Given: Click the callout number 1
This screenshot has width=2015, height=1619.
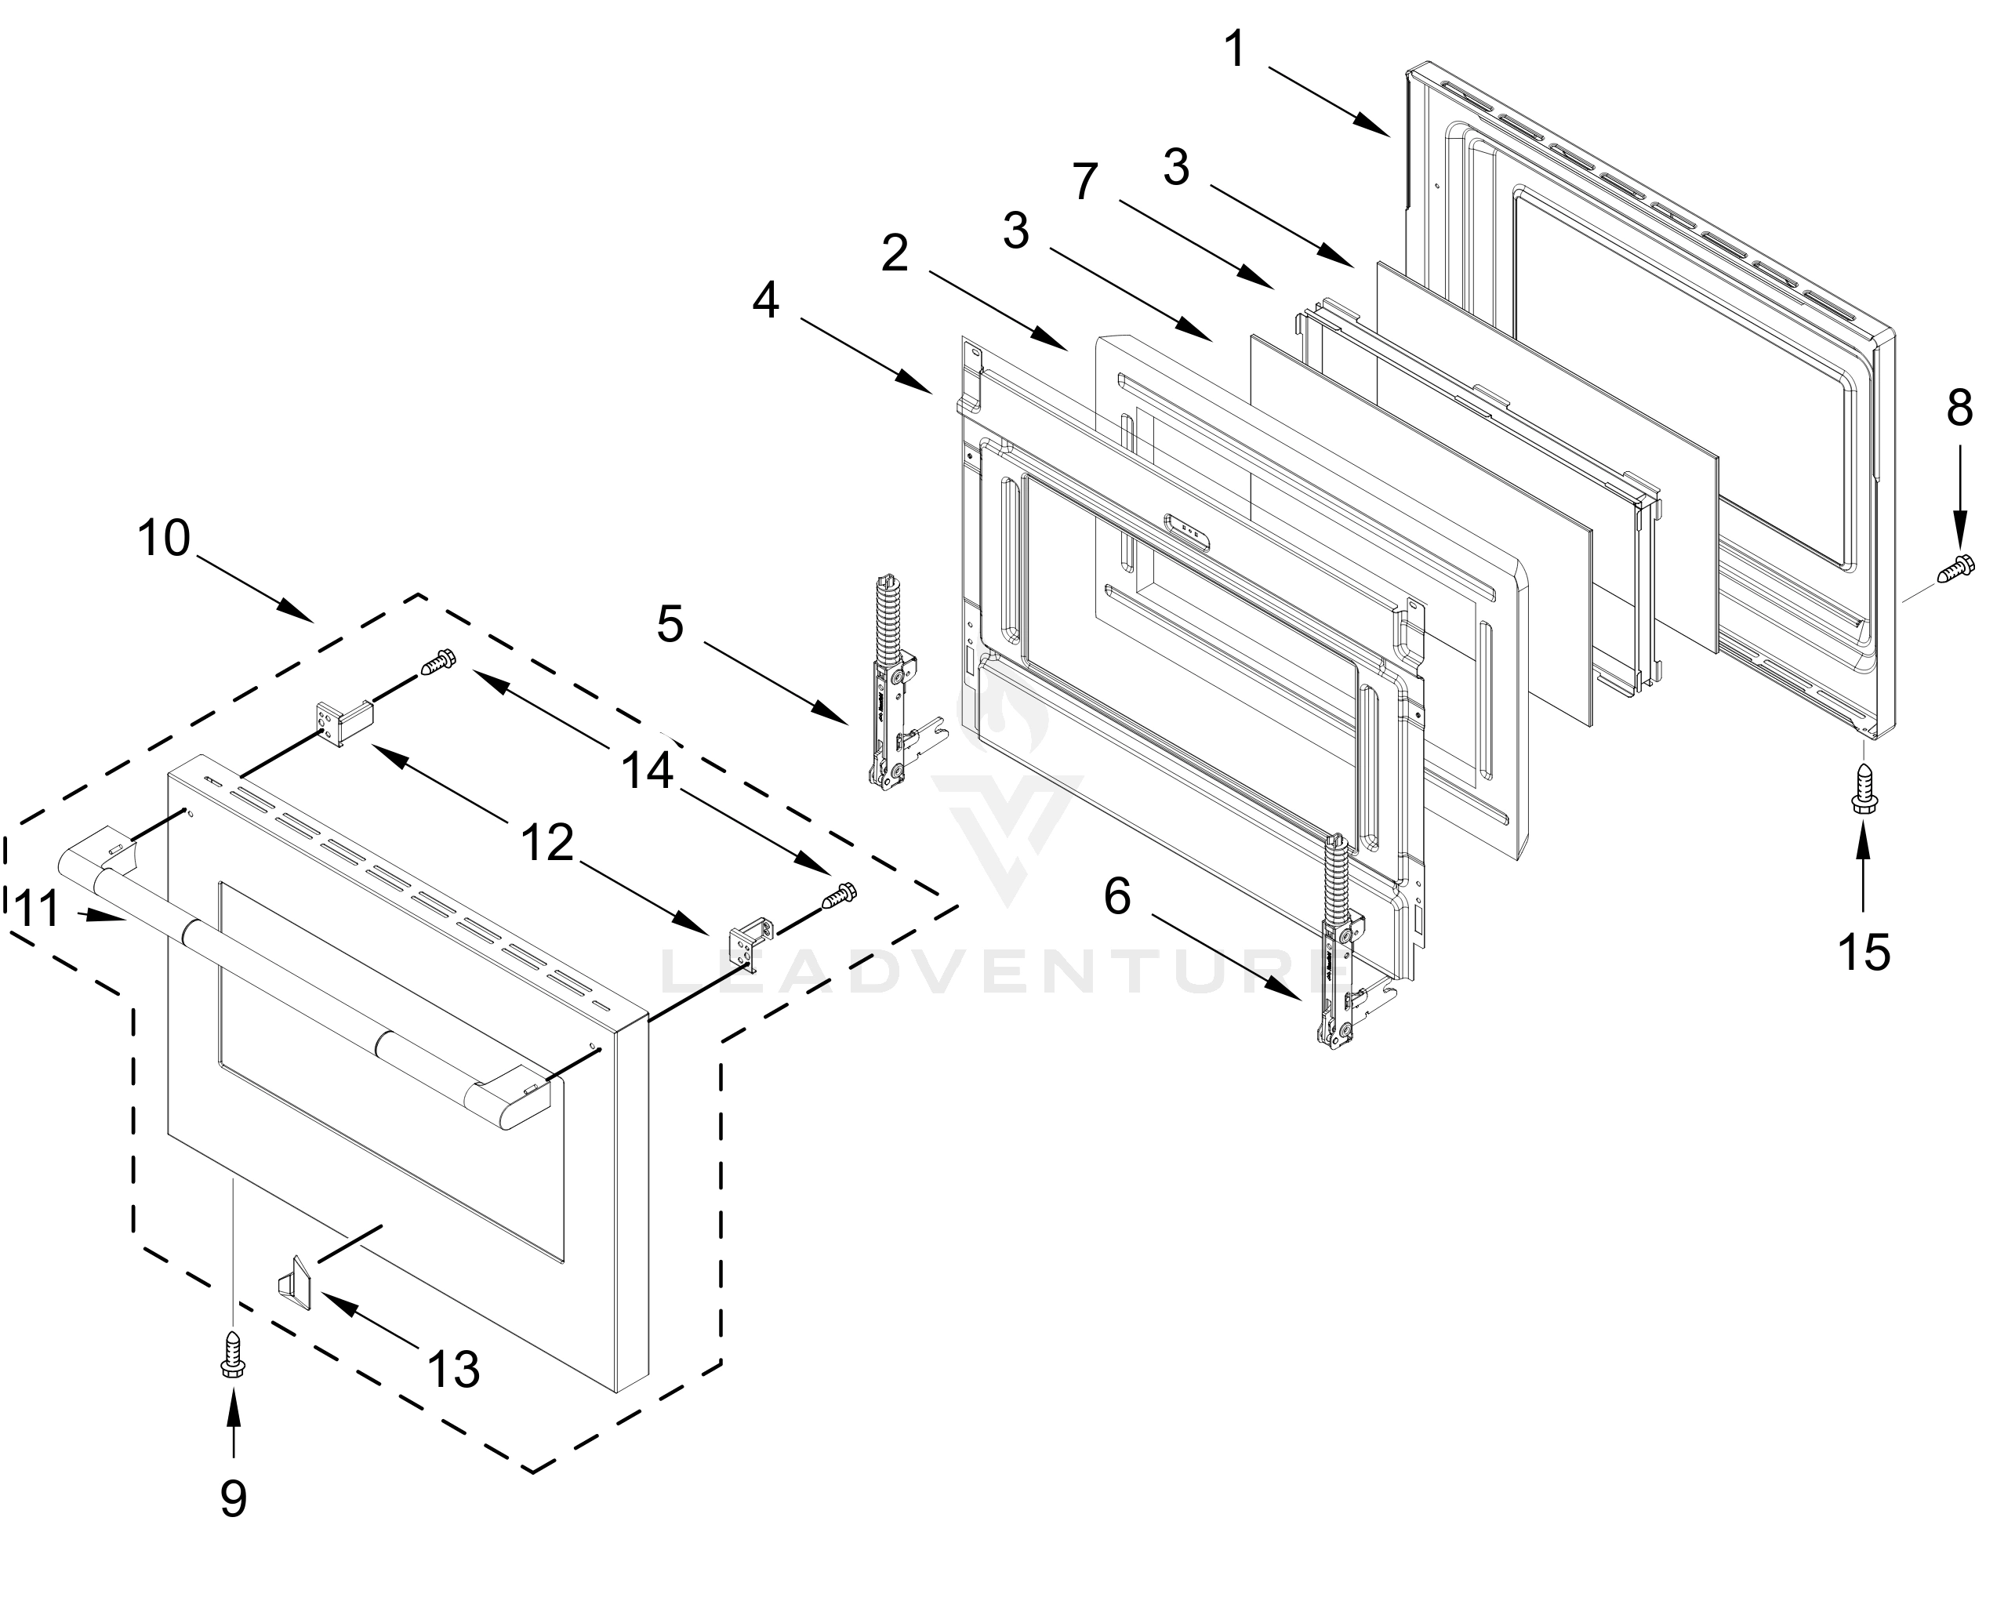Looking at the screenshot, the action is (x=1235, y=49).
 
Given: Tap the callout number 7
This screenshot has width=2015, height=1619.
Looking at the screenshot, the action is (x=1084, y=181).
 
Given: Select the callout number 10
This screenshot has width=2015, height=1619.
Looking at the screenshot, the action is (x=164, y=539).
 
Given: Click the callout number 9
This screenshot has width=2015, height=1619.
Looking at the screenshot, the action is (x=233, y=1498).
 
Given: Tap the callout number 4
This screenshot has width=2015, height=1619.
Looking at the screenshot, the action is (x=765, y=301).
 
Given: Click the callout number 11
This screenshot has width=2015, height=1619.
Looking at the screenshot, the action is (x=40, y=909).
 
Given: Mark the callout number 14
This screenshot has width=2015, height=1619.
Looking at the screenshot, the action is (x=648, y=772).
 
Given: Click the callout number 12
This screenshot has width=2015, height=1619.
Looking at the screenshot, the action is (x=546, y=844).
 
